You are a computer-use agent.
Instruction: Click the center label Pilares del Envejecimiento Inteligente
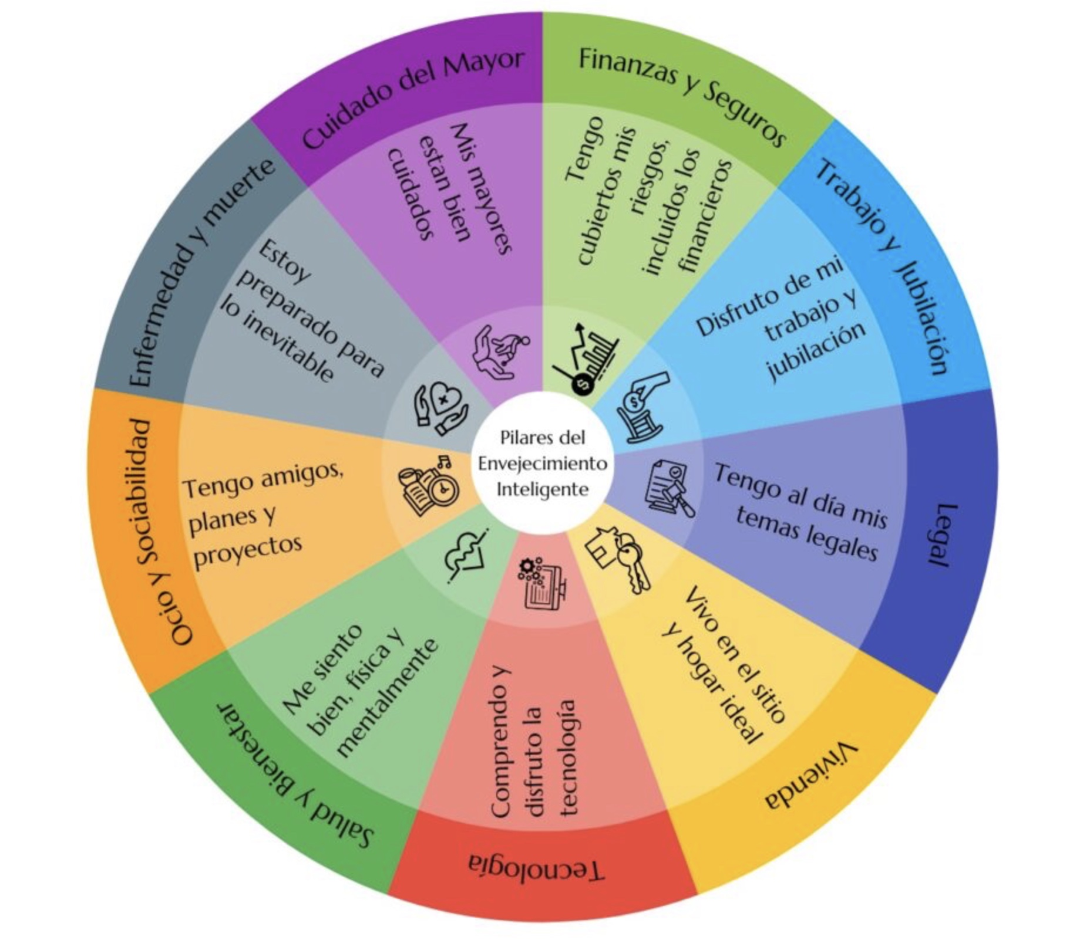pyautogui.click(x=542, y=463)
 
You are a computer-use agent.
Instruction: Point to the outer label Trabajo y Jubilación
pyautogui.click(x=884, y=264)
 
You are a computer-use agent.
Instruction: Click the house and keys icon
pyautogui.click(x=620, y=558)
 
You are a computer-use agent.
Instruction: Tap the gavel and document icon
pyautogui.click(x=670, y=487)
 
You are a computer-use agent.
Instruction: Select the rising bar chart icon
pyautogui.click(x=584, y=359)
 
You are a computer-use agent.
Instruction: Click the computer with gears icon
pyautogui.click(x=541, y=583)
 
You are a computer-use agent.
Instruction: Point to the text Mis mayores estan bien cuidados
pyautogui.click(x=449, y=187)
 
